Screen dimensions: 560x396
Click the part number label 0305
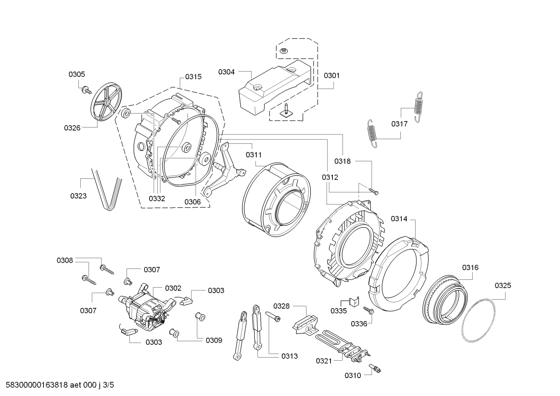coord(77,74)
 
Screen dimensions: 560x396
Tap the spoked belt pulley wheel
coord(106,102)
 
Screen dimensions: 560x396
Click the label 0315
coord(193,77)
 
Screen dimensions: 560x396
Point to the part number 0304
coord(226,72)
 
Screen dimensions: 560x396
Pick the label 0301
coord(332,75)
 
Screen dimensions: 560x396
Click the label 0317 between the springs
coord(400,124)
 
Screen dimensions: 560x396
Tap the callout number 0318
coord(343,161)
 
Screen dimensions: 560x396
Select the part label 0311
coord(254,155)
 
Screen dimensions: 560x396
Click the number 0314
coord(399,219)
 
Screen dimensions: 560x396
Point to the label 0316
coord(470,268)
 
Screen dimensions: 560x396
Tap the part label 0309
coord(214,340)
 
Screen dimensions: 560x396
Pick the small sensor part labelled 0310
coord(375,369)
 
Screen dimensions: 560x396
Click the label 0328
coord(282,306)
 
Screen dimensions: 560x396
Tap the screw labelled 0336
coord(368,310)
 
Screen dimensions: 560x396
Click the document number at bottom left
coord(60,385)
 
